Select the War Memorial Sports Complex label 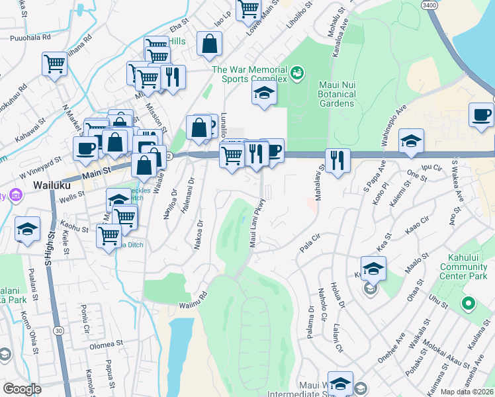pyautogui.click(x=249, y=74)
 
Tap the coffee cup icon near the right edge pyautogui.click(x=482, y=115)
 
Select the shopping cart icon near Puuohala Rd pyautogui.click(x=54, y=64)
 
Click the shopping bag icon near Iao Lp pyautogui.click(x=209, y=44)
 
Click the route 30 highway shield pyautogui.click(x=59, y=330)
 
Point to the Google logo pyautogui.click(x=22, y=389)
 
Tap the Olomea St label pyautogui.click(x=107, y=344)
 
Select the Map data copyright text pyautogui.click(x=467, y=392)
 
